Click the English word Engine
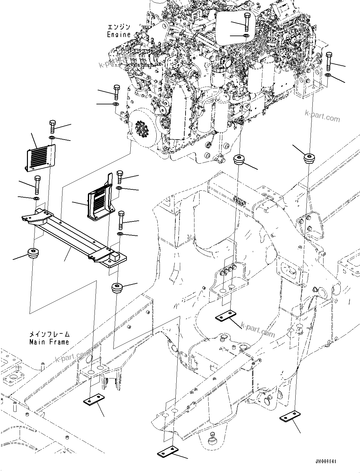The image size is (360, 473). pos(119,35)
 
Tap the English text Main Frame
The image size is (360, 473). pos(49,342)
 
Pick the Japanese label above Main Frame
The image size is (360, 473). pos(49,335)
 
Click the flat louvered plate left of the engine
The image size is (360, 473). pos(40,156)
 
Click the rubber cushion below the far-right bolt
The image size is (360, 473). pos(308,158)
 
